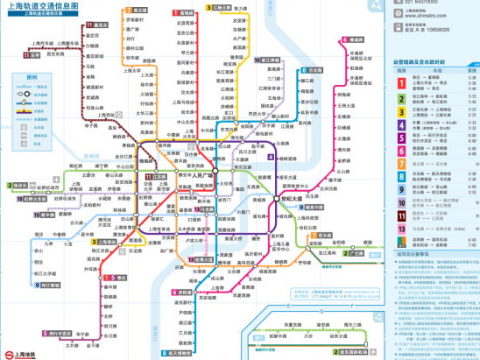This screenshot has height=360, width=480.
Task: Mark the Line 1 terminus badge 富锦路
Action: pos(185,14)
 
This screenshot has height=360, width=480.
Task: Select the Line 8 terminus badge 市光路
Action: pos(314,68)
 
